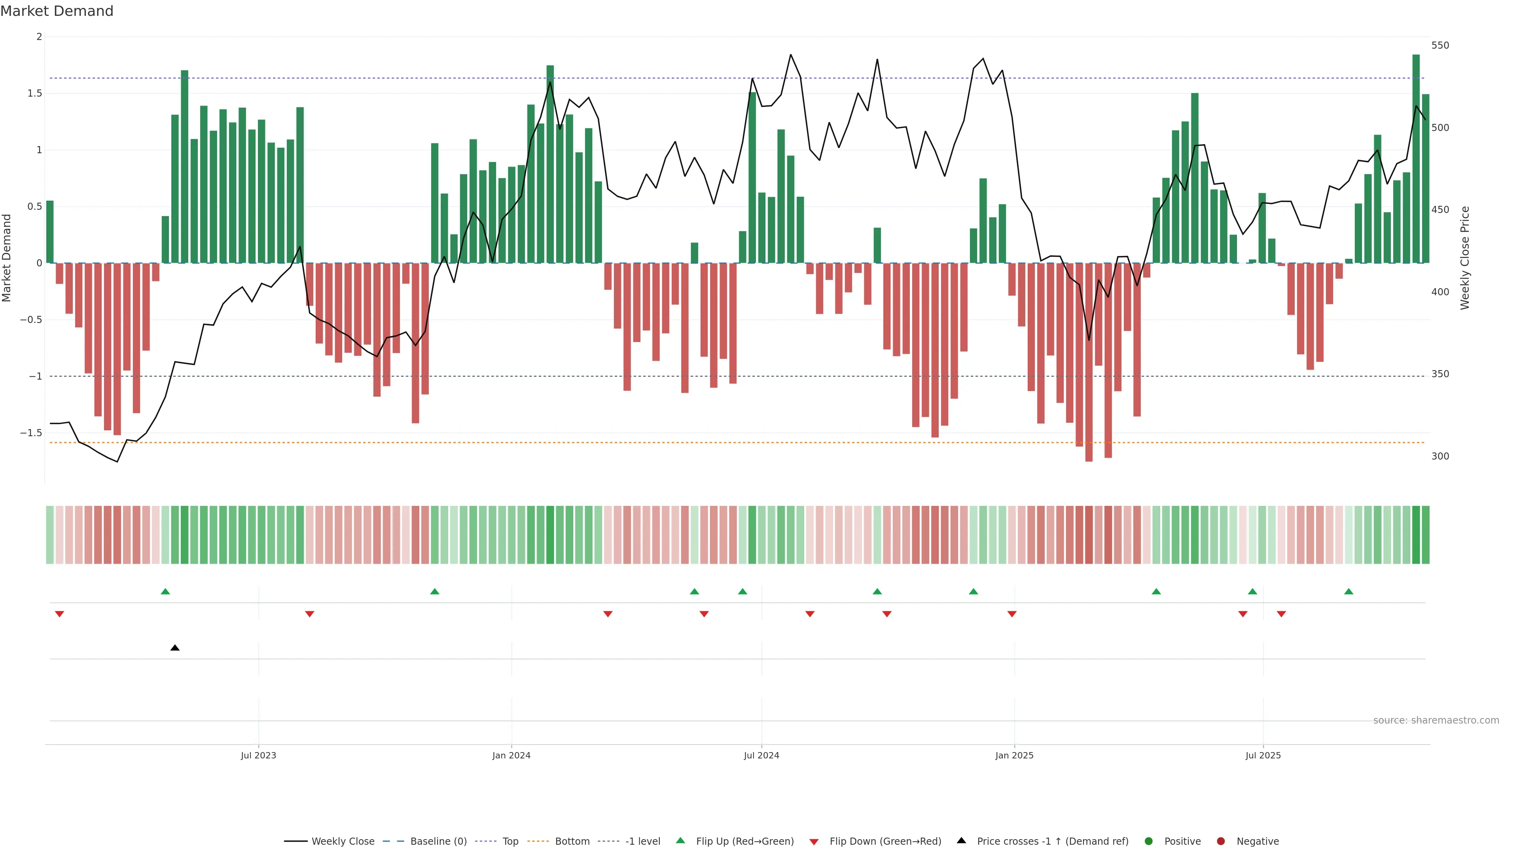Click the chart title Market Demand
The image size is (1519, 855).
point(57,11)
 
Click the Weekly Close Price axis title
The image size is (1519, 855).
point(1465,258)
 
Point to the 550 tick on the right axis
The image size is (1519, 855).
point(1439,46)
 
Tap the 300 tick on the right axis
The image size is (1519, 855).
point(1439,456)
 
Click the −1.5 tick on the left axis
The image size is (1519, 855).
point(31,433)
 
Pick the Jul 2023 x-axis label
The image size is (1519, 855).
point(258,755)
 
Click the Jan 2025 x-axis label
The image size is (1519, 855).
point(1014,755)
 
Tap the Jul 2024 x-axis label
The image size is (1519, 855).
point(761,755)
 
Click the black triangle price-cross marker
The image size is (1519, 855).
point(174,648)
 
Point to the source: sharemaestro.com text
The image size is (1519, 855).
point(1436,720)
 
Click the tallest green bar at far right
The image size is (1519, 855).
point(1416,159)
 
